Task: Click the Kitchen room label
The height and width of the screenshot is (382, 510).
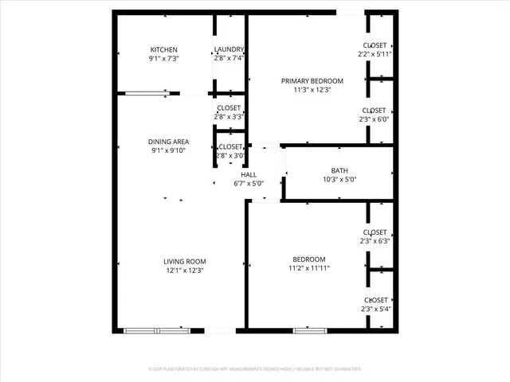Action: click(x=163, y=49)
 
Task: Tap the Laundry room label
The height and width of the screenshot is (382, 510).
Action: click(x=229, y=49)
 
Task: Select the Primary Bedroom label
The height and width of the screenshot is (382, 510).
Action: click(x=312, y=81)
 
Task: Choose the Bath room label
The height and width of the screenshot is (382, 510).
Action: click(x=339, y=171)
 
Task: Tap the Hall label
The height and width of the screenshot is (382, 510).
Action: click(x=249, y=175)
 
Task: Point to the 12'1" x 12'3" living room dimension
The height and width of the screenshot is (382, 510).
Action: click(x=185, y=271)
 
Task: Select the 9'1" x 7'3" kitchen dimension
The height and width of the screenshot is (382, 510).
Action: click(x=163, y=58)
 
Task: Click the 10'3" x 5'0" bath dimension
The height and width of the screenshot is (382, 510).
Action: click(x=339, y=180)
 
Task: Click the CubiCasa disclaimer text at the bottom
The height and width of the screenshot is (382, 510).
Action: click(x=255, y=369)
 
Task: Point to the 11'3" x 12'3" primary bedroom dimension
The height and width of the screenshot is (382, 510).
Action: click(x=312, y=90)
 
